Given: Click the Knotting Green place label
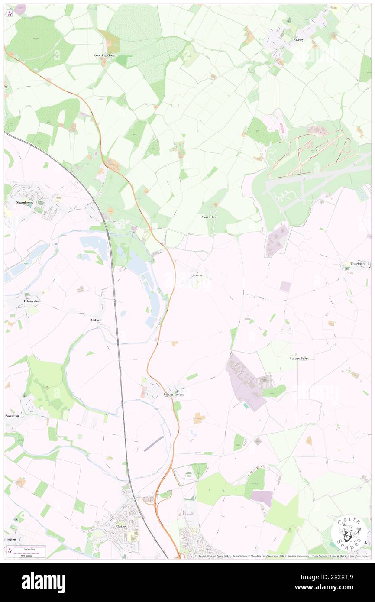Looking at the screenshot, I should [x=105, y=55].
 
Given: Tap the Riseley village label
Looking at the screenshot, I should [x=298, y=39].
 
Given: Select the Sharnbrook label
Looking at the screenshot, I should [x=25, y=202].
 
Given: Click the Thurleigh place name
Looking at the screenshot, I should [x=357, y=264].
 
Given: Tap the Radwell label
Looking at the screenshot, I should [x=96, y=320].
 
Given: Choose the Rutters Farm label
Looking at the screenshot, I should [x=302, y=359].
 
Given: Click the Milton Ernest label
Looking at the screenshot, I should [x=173, y=395].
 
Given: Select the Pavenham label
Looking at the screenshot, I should [x=13, y=415].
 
